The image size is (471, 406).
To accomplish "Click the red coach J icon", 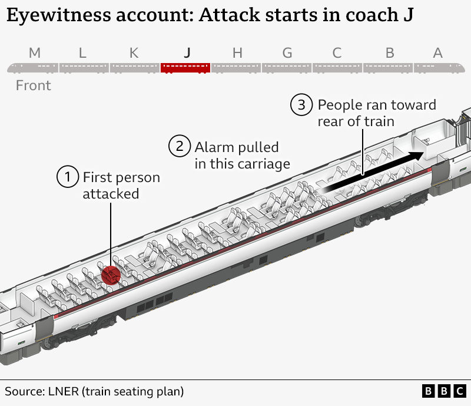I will [185, 68].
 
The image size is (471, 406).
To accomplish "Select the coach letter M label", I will [35, 53].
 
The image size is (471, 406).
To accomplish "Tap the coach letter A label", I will [437, 53].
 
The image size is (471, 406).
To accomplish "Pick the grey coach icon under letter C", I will [337, 68].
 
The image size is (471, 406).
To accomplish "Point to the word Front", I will [34, 85].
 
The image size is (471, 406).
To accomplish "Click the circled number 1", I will [68, 176].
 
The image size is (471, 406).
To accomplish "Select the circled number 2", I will [180, 146].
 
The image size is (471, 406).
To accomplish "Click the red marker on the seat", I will [110, 275].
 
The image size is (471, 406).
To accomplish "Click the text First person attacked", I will [121, 185].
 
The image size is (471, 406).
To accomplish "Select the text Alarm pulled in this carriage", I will [242, 155].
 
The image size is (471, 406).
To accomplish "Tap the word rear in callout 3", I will [333, 121].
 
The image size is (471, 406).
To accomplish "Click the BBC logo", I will [444, 391].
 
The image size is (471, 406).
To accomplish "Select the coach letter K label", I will [134, 53].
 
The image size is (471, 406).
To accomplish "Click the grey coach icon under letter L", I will [84, 68].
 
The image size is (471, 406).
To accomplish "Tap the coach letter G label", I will [287, 53].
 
